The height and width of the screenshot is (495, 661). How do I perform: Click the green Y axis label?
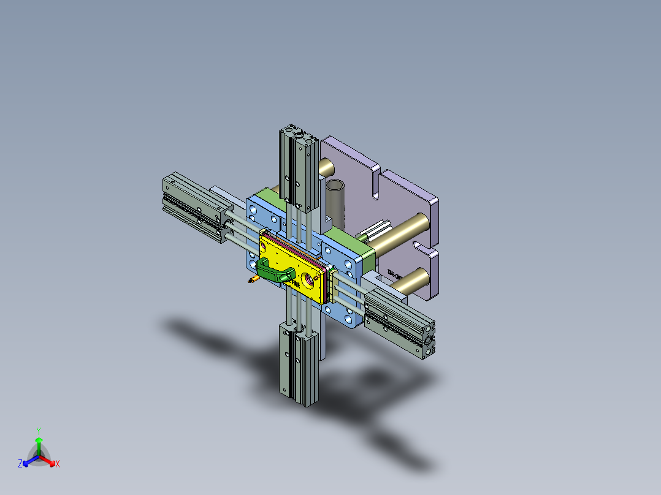coord(38,431)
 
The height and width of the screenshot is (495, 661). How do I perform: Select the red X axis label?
coord(58,464)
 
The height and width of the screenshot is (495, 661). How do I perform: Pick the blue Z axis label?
coord(20,464)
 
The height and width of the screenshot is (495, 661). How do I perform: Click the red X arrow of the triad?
coord(49,461)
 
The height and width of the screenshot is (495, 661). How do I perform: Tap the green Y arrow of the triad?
coord(39,444)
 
